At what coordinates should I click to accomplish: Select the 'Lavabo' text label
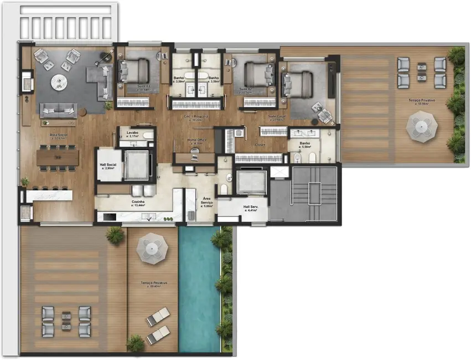pos(132,133)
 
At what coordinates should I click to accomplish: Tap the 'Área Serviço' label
pos(206,200)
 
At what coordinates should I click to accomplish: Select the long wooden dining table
pos(58,156)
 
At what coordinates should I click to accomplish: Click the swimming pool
pos(199,288)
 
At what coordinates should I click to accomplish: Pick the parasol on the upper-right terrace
pos(422,126)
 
